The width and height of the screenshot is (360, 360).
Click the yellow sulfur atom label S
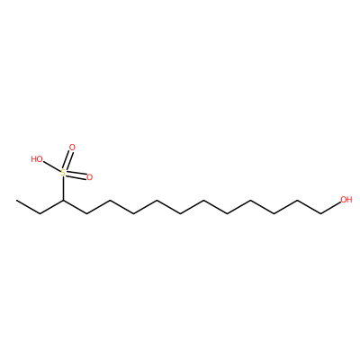63,173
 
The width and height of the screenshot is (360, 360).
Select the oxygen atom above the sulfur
72,148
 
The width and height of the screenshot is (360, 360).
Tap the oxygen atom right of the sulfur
89,177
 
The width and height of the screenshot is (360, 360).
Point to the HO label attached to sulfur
37,159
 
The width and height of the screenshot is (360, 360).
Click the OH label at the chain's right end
346,200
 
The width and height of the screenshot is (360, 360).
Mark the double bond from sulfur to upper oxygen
67,160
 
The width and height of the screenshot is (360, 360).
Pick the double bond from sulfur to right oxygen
76,175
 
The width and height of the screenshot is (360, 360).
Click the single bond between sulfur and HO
52,166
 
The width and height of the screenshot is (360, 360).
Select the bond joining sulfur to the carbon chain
63,188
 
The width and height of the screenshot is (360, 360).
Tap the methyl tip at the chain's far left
16,200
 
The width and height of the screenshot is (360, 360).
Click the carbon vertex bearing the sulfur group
63,200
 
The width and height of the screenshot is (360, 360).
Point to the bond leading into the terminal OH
330,208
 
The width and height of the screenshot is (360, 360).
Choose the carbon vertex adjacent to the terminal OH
321,213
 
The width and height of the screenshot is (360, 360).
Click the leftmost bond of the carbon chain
28,207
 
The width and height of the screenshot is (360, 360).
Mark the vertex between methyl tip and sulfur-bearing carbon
40,213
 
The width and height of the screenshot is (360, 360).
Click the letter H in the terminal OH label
349,200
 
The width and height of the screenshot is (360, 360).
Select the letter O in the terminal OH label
343,200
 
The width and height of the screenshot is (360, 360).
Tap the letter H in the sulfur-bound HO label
34,159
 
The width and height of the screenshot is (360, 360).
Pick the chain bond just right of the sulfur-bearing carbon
75,207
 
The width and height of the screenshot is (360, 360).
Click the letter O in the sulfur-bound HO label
40,159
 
